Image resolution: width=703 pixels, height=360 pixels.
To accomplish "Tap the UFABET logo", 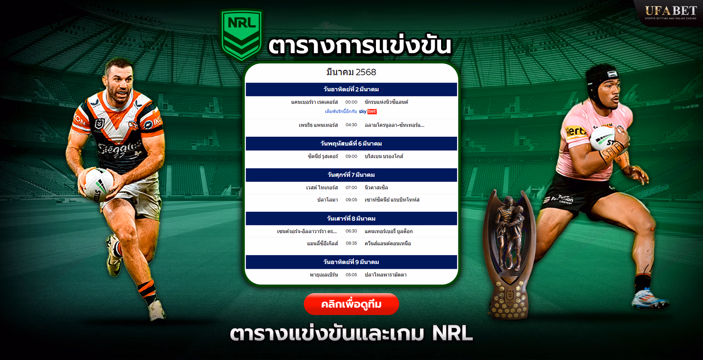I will coord(671,12).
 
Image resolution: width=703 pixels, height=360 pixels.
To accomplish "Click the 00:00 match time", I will coord(351,102).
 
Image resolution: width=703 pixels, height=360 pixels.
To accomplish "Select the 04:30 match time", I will coord(351,125).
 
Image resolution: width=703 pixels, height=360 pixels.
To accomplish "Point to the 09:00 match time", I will coord(351,156).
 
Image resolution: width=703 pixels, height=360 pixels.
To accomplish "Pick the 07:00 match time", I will coord(351,188).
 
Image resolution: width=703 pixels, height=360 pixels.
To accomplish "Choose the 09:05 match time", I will coord(351,200).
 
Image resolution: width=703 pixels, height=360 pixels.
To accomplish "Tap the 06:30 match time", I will coord(351,231).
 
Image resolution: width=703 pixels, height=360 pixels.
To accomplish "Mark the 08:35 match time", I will coord(351,243).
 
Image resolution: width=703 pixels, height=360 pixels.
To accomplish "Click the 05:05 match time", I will coord(351,275).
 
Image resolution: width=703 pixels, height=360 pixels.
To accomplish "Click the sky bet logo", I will coord(368,111).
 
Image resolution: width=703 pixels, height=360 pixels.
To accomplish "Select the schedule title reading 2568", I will coord(351,72).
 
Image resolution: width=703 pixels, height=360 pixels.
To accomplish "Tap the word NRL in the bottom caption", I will coord(452,333).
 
